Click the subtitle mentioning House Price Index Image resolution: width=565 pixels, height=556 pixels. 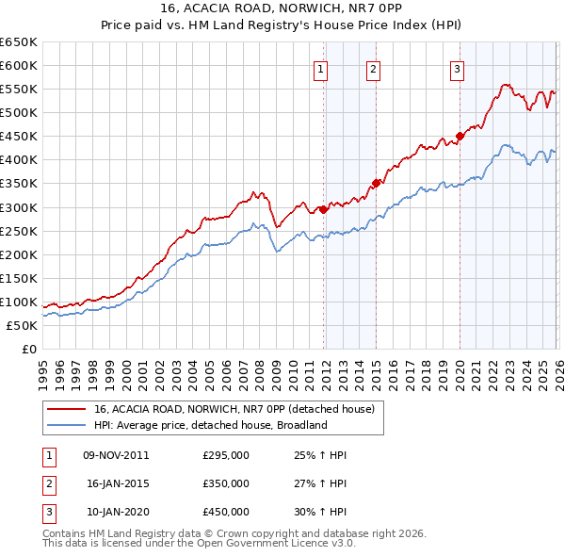click(x=282, y=26)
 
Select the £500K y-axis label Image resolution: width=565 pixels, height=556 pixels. click(x=19, y=113)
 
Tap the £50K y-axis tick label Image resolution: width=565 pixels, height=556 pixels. click(x=22, y=325)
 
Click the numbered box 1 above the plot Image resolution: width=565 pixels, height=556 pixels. click(x=321, y=68)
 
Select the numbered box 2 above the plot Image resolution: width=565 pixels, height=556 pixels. click(x=374, y=68)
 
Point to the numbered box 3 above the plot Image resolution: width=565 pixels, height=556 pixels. click(x=457, y=68)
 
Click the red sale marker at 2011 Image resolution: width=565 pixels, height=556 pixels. click(x=323, y=209)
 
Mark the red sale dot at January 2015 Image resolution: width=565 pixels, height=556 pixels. click(x=376, y=183)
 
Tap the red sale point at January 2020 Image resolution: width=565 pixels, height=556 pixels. click(x=460, y=136)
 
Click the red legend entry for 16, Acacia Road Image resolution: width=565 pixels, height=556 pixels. click(x=234, y=409)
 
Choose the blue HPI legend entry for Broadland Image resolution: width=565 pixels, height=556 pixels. click(x=209, y=425)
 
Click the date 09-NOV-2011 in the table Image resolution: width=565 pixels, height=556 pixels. click(x=116, y=455)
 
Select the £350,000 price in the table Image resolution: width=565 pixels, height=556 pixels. click(x=226, y=483)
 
